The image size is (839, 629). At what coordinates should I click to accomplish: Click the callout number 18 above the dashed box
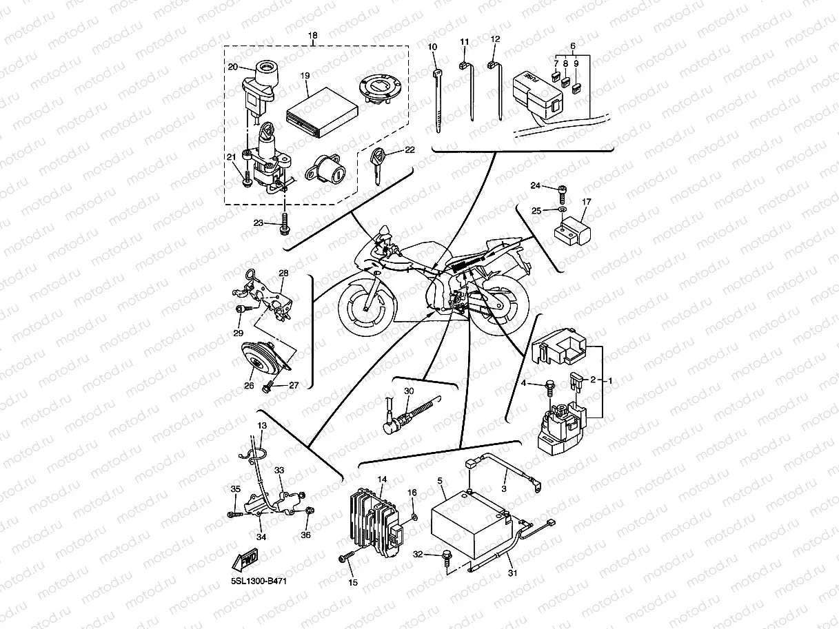(x=313, y=34)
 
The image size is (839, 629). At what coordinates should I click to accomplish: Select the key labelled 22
(x=377, y=165)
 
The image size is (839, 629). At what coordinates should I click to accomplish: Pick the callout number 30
(x=408, y=391)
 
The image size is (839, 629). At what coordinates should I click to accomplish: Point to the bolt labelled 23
(x=284, y=224)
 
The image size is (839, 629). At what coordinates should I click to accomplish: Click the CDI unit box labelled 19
(x=322, y=106)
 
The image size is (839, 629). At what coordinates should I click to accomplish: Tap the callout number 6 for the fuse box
(x=572, y=45)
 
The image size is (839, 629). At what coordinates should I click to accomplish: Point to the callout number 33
(x=279, y=470)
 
